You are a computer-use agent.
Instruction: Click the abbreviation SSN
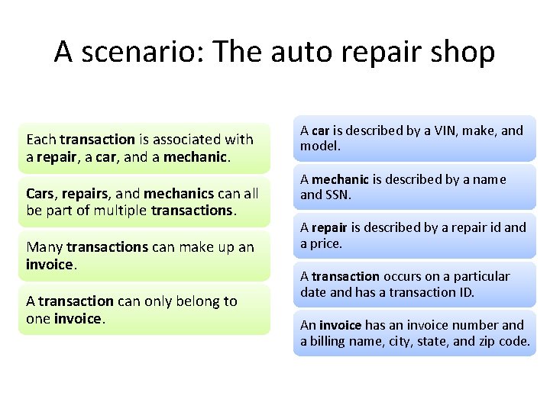pos(338,195)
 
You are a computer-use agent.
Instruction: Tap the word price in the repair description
pos(326,243)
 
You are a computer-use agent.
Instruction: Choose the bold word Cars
pos(40,194)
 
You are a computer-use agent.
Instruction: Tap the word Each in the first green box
pos(41,139)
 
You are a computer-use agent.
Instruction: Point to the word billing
pos(330,341)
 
